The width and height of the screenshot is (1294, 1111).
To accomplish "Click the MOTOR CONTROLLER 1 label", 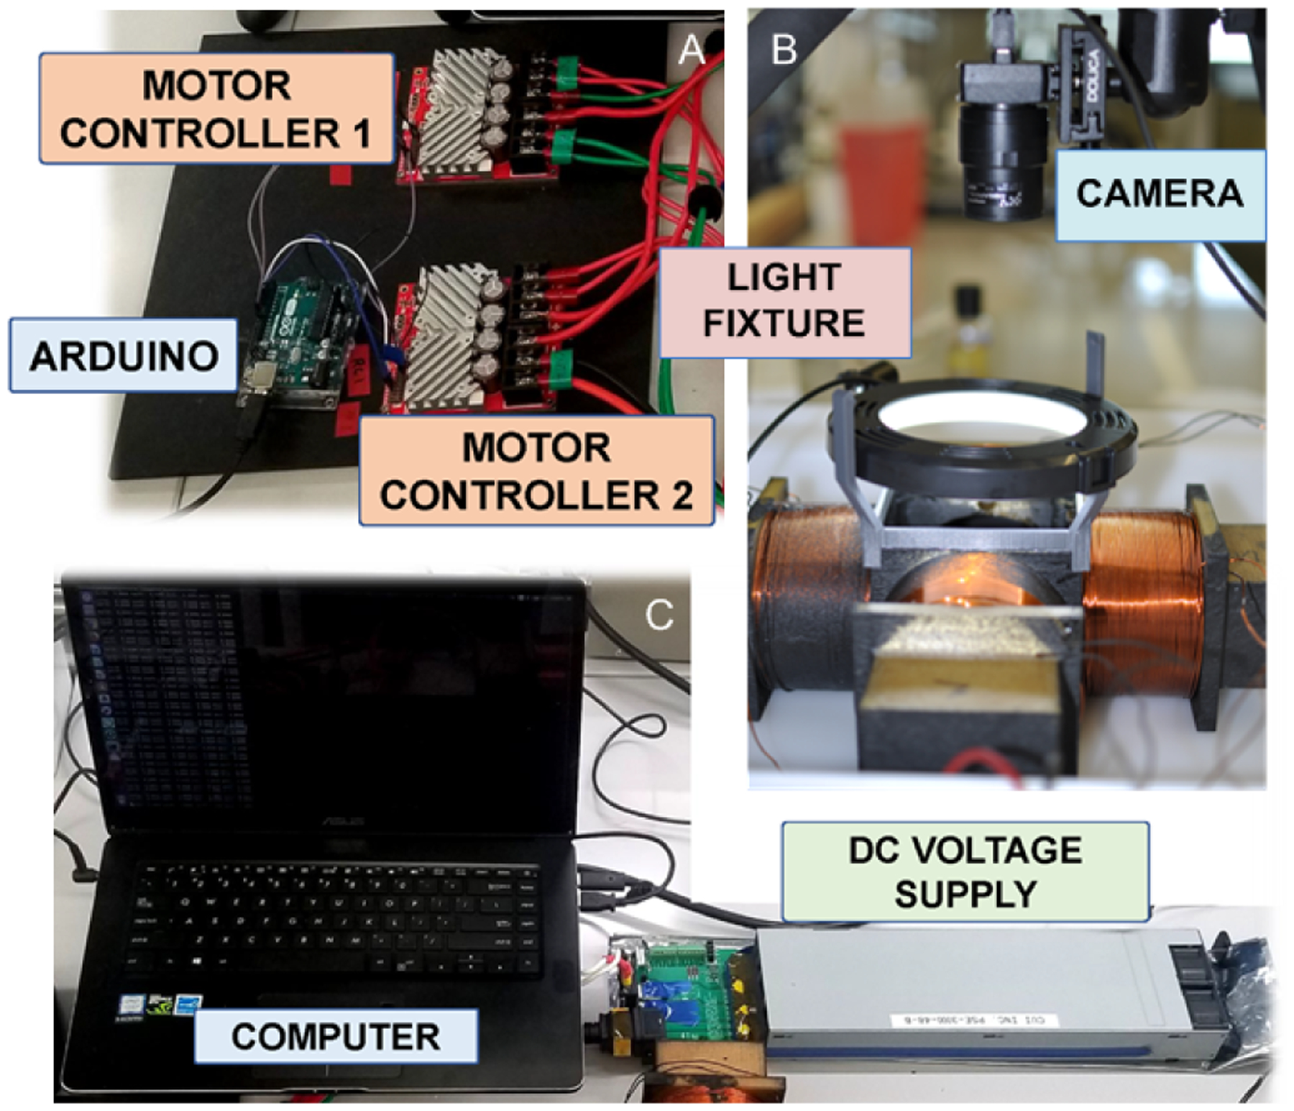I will click(x=216, y=109).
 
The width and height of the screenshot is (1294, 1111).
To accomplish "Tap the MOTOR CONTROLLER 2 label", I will click(x=536, y=471).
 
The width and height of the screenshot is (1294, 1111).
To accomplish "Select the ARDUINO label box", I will click(x=124, y=356).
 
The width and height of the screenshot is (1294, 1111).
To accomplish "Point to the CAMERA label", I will click(x=1160, y=194).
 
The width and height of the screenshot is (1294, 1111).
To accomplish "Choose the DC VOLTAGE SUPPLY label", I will click(x=965, y=872).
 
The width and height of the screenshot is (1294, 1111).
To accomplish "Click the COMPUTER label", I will click(x=335, y=1036).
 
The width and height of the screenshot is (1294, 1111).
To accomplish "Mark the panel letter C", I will click(x=659, y=616).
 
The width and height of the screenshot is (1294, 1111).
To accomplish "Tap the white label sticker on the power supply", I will click(x=974, y=1020).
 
